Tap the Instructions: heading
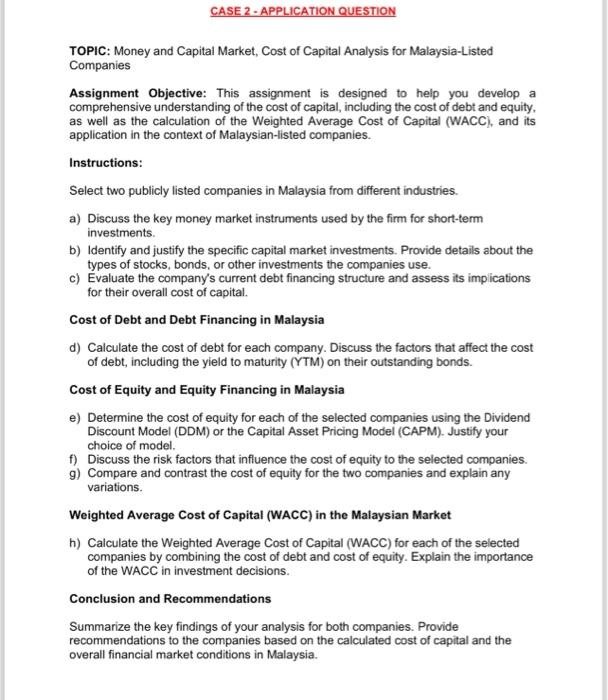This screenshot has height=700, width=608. pyautogui.click(x=106, y=162)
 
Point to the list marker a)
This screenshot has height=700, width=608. pyautogui.click(x=75, y=217)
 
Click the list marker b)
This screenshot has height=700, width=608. pyautogui.click(x=75, y=250)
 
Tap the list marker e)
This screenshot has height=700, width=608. pyautogui.click(x=75, y=417)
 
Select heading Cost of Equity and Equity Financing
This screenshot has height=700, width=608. pyautogui.click(x=207, y=389)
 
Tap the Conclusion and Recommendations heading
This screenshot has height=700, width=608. pyautogui.click(x=170, y=599)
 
